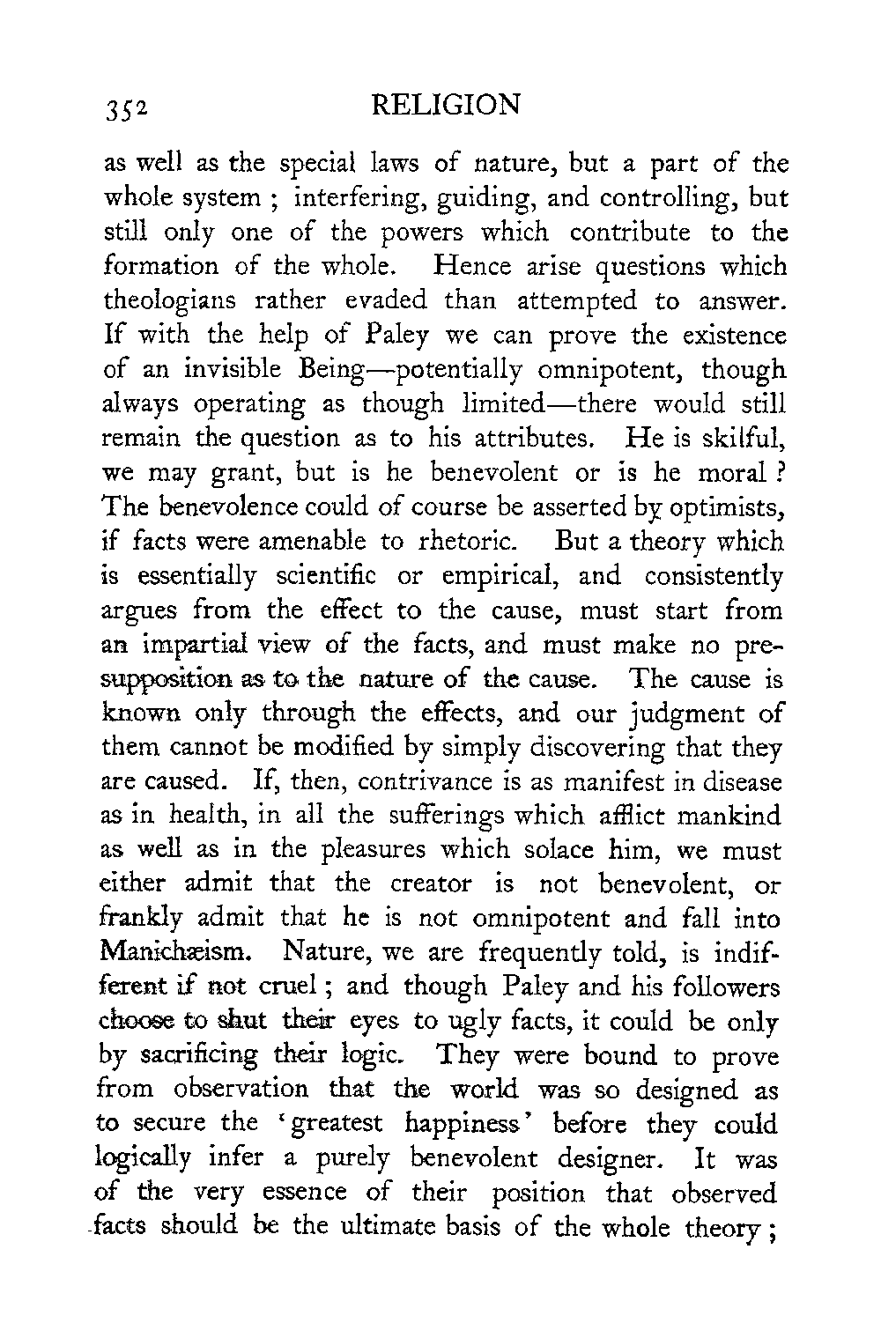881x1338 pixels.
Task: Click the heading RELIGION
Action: point(446,106)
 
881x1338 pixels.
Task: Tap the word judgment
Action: point(685,714)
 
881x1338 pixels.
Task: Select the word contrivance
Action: point(422,782)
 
